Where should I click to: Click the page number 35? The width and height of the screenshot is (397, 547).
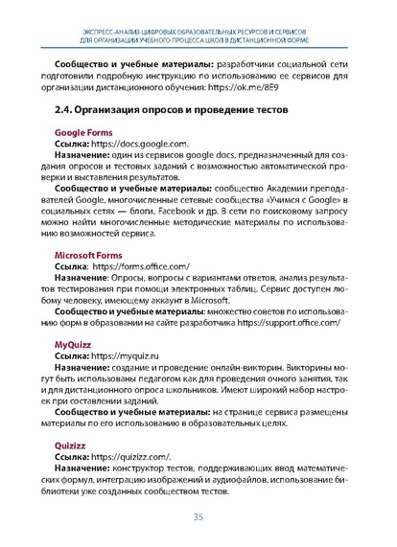(198, 518)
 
